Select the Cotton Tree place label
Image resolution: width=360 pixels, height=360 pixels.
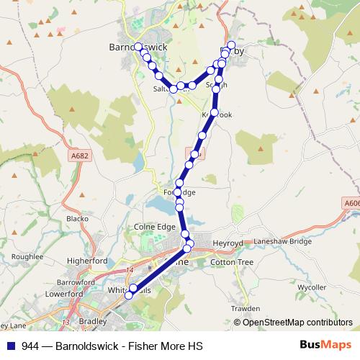click(232, 264)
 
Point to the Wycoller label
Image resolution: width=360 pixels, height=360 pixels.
click(312, 287)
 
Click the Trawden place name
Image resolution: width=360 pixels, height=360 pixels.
click(246, 308)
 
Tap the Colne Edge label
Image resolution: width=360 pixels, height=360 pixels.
click(155, 227)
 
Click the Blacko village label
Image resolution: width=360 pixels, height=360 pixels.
click(77, 218)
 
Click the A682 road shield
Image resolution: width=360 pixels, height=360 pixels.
click(80, 154)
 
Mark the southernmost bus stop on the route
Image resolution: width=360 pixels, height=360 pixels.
click(130, 295)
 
